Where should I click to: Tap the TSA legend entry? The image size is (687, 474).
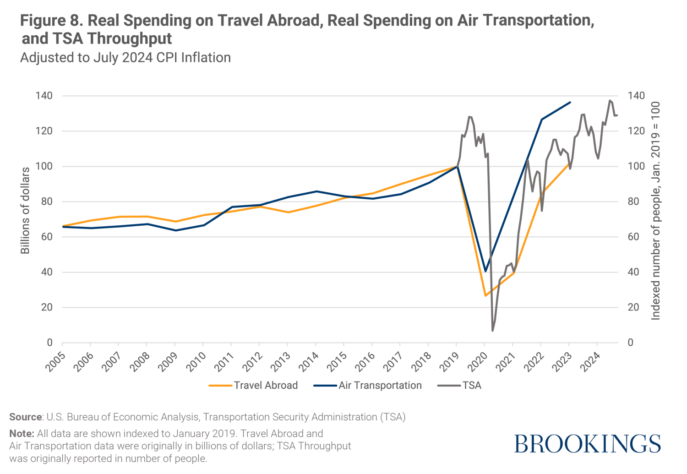point(460,386)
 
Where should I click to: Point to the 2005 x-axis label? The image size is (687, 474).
point(55,361)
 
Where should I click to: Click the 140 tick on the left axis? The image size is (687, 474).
point(44,96)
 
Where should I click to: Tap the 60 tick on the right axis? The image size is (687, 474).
point(633,237)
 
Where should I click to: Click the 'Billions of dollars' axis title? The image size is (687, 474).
point(25,211)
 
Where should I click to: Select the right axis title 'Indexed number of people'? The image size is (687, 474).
point(656,211)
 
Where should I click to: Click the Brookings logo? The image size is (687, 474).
point(588,444)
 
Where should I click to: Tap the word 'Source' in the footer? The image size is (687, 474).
point(26,417)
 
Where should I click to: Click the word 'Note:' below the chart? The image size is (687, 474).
point(22,434)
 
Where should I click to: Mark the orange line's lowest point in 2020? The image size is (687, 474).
point(485,296)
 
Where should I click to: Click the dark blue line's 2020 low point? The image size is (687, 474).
point(485,272)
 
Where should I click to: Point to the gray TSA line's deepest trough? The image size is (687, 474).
point(493,331)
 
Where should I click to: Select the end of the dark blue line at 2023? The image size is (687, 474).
point(570,102)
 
